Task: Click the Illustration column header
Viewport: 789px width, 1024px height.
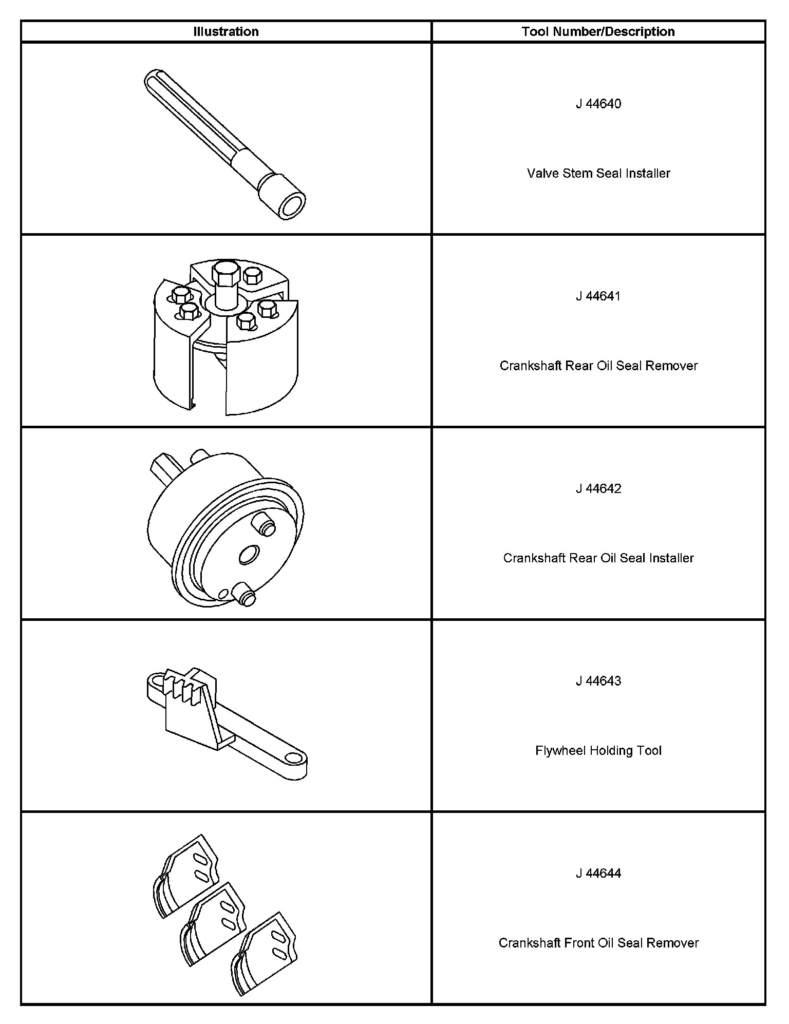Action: tap(226, 31)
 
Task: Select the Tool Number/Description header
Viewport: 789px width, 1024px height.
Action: tap(598, 31)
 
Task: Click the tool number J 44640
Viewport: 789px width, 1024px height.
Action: tap(598, 104)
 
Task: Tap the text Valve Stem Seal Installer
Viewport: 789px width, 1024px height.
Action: tap(598, 173)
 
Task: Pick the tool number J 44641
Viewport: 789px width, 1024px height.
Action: tap(598, 296)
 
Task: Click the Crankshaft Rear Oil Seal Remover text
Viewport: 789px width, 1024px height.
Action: tap(598, 366)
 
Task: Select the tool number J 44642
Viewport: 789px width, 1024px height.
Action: tap(598, 488)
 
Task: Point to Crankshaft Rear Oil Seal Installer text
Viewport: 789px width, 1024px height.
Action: tap(598, 558)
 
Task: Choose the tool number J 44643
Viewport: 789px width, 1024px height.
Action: tap(598, 681)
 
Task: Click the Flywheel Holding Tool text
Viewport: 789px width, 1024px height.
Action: tap(598, 751)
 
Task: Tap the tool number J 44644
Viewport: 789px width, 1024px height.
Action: tap(598, 874)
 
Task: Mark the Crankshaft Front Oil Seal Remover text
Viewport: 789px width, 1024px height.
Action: tap(598, 943)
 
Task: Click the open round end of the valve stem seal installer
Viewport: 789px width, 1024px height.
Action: tap(291, 207)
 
